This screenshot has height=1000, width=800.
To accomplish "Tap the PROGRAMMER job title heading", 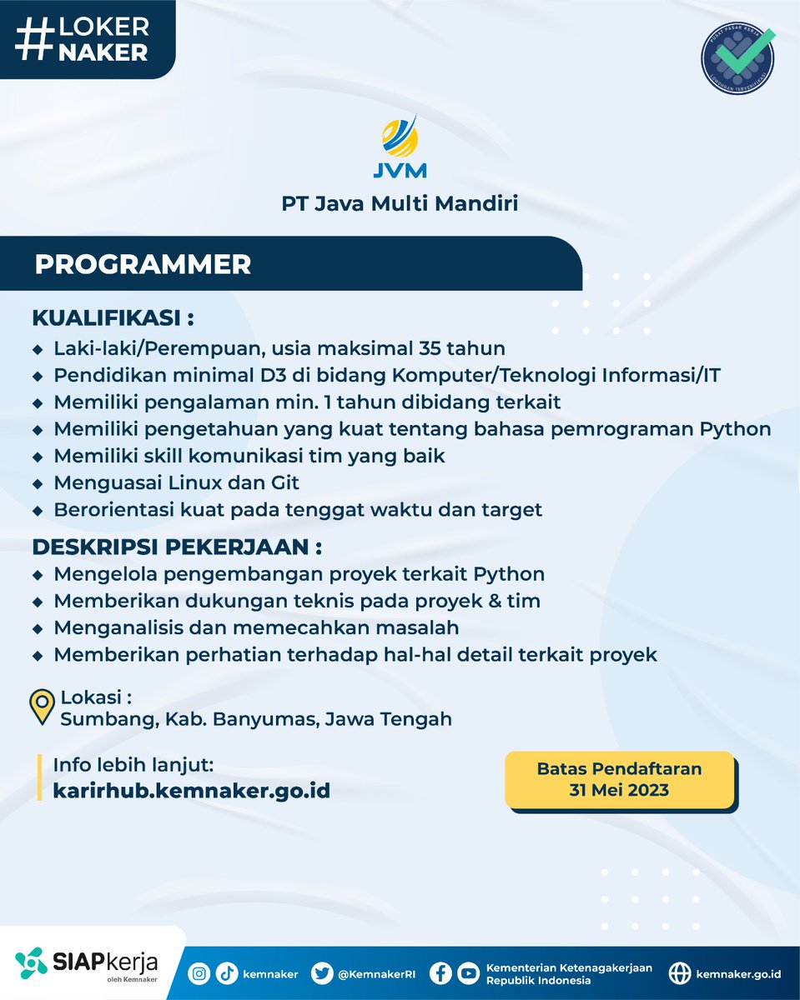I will (x=143, y=264).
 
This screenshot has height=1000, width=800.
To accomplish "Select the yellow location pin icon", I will (x=42, y=707).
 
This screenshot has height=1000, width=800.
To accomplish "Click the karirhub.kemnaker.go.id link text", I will (x=191, y=790).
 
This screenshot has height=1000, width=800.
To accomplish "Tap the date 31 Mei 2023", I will (x=619, y=790).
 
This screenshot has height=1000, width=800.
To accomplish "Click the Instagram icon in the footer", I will (x=199, y=972).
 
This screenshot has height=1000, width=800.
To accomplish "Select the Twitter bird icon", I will (x=322, y=972).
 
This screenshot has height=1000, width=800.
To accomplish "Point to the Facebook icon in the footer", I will (x=442, y=972).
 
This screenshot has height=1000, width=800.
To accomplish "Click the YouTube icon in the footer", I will (x=469, y=972).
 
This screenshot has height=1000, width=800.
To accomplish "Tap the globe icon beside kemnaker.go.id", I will (x=681, y=972).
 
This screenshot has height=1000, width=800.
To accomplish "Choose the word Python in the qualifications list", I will (x=736, y=429).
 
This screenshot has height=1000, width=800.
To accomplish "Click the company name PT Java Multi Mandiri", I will (x=400, y=202).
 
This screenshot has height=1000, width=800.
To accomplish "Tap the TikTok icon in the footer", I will (x=226, y=972).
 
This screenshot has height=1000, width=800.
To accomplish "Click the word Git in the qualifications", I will (x=284, y=482).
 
